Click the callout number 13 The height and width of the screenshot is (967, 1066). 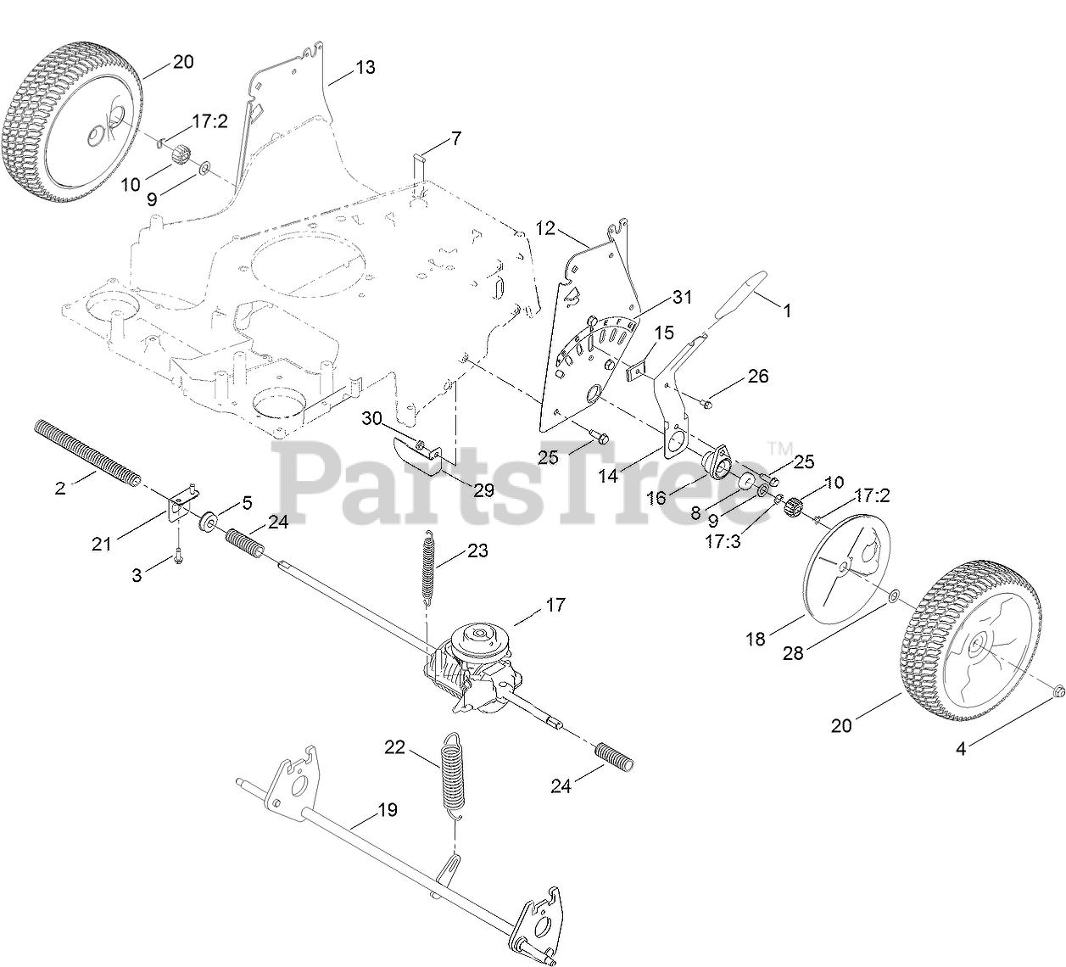pos(365,67)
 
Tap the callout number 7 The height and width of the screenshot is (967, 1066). pos(456,137)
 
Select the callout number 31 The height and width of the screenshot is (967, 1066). pos(683,297)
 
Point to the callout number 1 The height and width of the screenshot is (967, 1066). pos(787,311)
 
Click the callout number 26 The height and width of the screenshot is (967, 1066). pos(758,375)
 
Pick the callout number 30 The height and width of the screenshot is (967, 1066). pos(372,418)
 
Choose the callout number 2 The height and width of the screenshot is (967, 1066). pos(59,489)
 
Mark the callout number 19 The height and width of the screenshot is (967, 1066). pos(387,810)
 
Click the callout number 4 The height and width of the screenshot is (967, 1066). pos(961,748)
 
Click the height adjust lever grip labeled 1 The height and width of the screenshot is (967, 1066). pos(738,296)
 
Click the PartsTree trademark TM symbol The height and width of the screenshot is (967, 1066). pos(779,447)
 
